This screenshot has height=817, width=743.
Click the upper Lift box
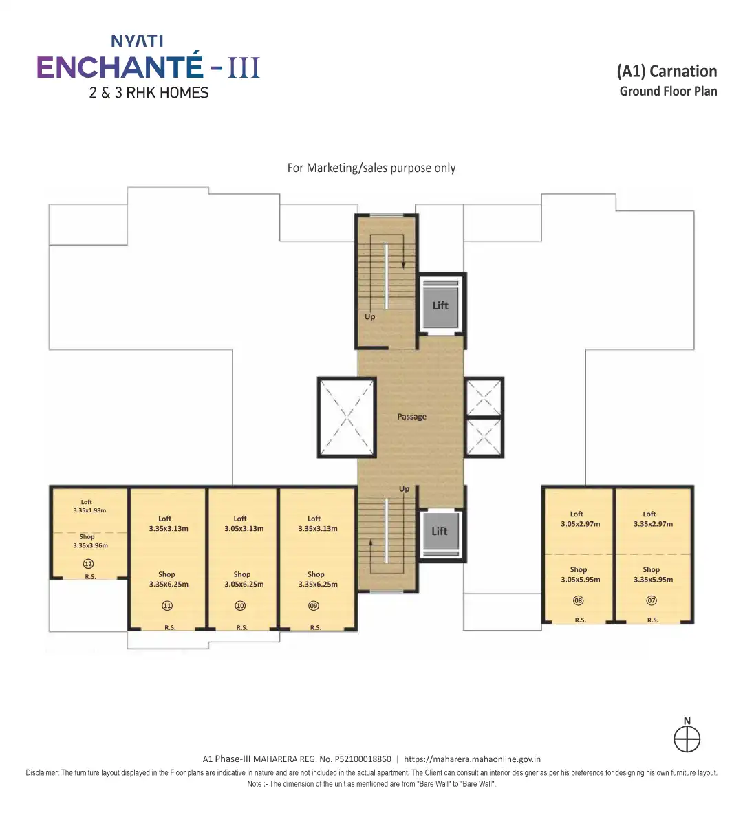pyautogui.click(x=440, y=305)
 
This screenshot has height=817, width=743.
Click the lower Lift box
pyautogui.click(x=440, y=532)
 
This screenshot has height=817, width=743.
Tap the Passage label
pyautogui.click(x=412, y=417)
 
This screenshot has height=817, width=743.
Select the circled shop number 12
pyautogui.click(x=89, y=564)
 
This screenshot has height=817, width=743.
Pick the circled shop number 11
pyautogui.click(x=167, y=605)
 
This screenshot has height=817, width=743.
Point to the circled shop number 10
pyautogui.click(x=240, y=605)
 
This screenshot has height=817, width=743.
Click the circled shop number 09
pyautogui.click(x=314, y=605)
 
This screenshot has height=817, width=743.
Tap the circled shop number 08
pyautogui.click(x=579, y=600)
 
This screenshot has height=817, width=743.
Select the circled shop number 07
pyautogui.click(x=652, y=600)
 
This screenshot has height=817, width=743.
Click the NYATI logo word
pyautogui.click(x=137, y=41)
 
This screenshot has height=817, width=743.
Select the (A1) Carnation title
pyautogui.click(x=667, y=72)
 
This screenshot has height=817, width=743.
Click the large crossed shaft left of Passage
pyautogui.click(x=347, y=417)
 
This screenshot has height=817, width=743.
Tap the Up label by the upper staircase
pyautogui.click(x=369, y=317)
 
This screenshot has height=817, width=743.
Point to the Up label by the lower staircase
pyautogui.click(x=404, y=489)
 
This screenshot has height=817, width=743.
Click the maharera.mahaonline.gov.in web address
pyautogui.click(x=473, y=759)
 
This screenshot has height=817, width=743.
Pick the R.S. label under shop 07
pyautogui.click(x=653, y=620)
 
